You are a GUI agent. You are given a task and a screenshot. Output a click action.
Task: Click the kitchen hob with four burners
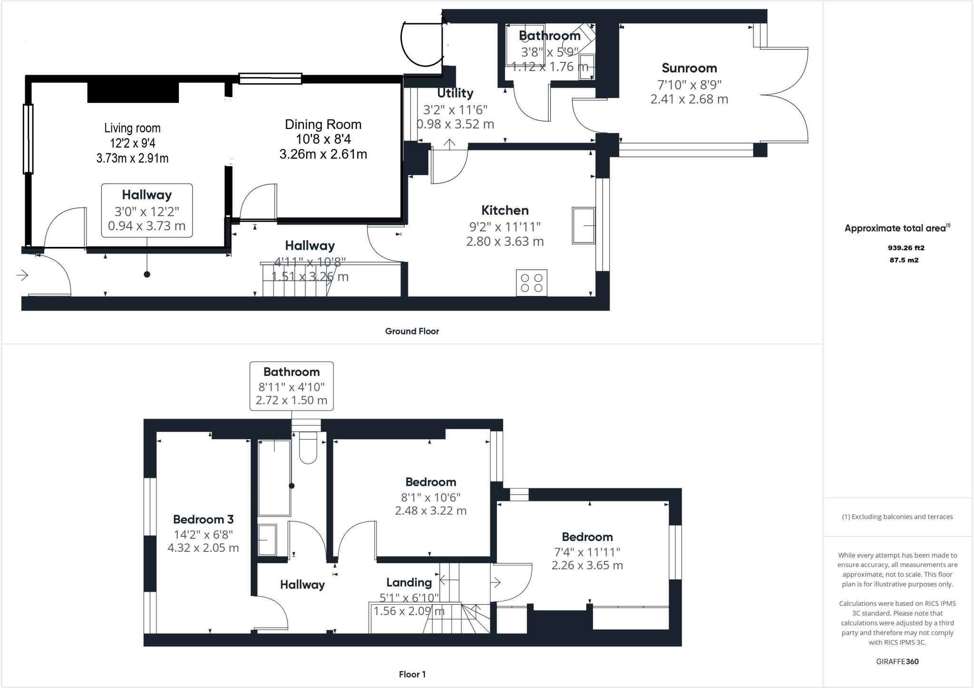[532, 283]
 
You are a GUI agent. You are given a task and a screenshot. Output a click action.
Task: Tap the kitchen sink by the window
[584, 225]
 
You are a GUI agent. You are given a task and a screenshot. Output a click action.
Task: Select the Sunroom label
[689, 68]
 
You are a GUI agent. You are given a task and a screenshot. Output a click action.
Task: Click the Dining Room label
[323, 125]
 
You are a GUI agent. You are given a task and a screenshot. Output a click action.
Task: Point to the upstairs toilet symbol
[308, 448]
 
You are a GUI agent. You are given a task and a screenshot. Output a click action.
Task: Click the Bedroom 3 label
[203, 519]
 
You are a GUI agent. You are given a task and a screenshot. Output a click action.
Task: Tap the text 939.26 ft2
[906, 248]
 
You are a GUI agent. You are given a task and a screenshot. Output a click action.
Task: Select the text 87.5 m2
[904, 260]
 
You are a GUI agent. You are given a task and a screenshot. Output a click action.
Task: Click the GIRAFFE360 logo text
[897, 661]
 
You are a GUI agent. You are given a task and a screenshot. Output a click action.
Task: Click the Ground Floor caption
[412, 331]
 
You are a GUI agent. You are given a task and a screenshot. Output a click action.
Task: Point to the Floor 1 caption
[412, 674]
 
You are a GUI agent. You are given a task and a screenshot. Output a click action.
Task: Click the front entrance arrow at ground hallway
[22, 275]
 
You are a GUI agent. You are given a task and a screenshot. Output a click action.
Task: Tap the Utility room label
[455, 93]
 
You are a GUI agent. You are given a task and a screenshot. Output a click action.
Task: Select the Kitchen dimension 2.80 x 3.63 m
[505, 242]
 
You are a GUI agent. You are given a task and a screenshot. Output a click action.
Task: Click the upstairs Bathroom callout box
[292, 386]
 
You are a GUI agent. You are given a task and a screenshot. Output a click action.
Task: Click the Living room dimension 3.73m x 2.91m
[132, 158]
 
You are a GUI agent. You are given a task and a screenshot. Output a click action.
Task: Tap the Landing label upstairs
[409, 582]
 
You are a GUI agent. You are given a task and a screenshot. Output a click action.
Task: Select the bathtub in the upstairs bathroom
[274, 478]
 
